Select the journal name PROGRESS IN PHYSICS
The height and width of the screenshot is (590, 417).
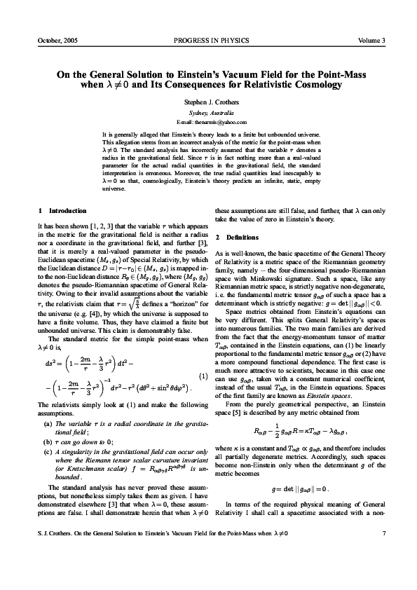tap(208, 41)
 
